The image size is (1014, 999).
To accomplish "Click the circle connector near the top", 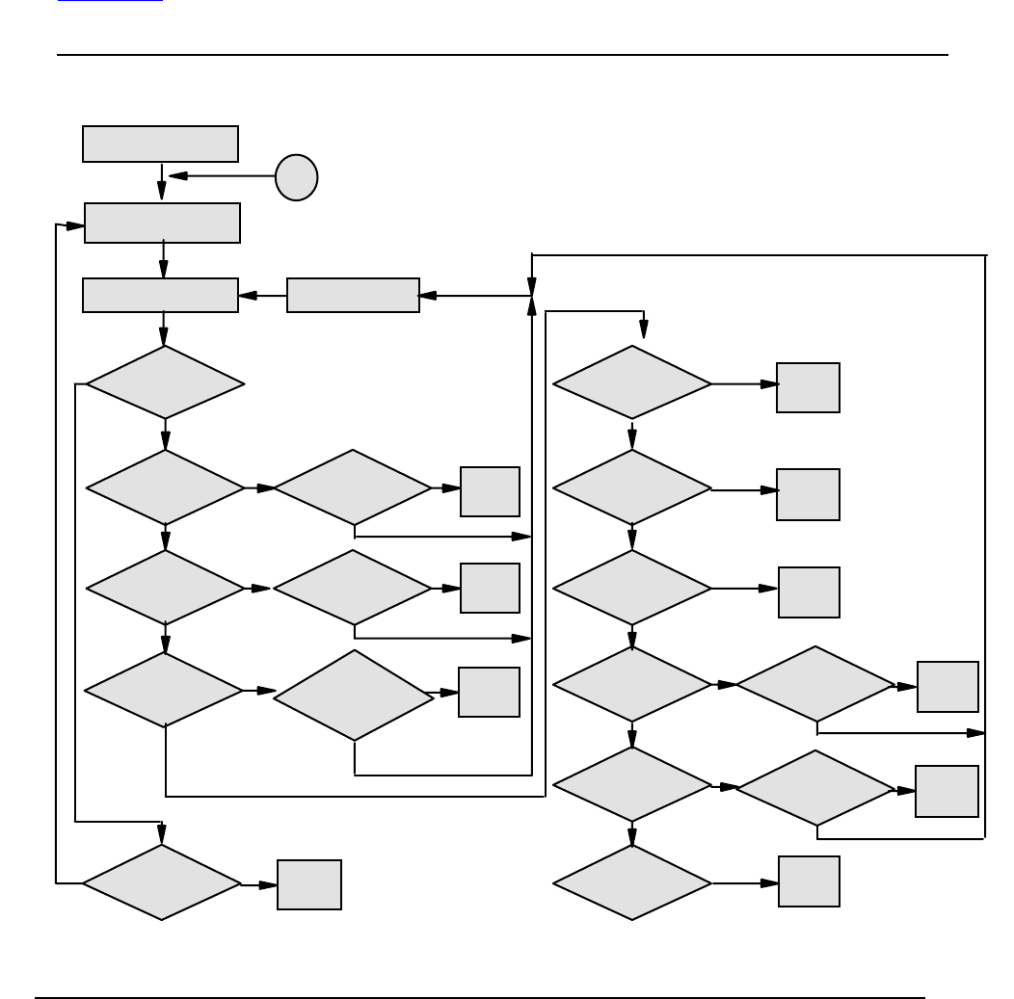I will (x=296, y=177).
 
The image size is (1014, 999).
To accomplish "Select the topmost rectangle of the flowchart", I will (x=160, y=144).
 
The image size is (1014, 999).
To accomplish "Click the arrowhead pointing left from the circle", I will (x=178, y=175).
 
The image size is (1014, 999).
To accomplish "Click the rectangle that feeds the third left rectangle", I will (x=353, y=295).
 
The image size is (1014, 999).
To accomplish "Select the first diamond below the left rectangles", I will (x=165, y=382).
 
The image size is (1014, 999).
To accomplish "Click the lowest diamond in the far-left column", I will (x=161, y=881).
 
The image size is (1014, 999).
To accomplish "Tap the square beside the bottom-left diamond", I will (x=308, y=884).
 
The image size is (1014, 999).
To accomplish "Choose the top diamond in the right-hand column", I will (x=631, y=382).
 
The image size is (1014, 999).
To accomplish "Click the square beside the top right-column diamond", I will (x=808, y=387).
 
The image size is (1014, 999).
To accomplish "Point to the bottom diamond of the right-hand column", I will (x=631, y=881).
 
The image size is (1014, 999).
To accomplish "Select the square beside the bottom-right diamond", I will (x=809, y=881).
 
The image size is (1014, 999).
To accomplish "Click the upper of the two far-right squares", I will (x=947, y=686).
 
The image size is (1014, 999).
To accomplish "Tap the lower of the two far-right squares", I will (x=947, y=791).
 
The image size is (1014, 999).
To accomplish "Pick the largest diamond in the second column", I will (x=354, y=695).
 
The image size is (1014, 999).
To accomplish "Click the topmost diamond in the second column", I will (x=353, y=486).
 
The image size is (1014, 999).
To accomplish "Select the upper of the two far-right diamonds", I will (x=815, y=683).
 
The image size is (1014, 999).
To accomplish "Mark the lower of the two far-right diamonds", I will (x=815, y=787).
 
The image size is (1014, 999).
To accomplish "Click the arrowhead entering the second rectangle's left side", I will (x=75, y=225).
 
